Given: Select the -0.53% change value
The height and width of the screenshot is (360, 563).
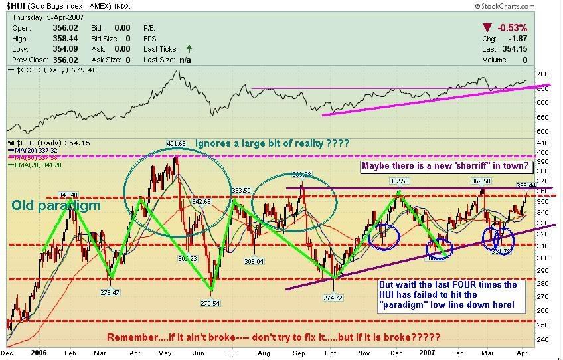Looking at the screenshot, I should click(514, 28).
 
